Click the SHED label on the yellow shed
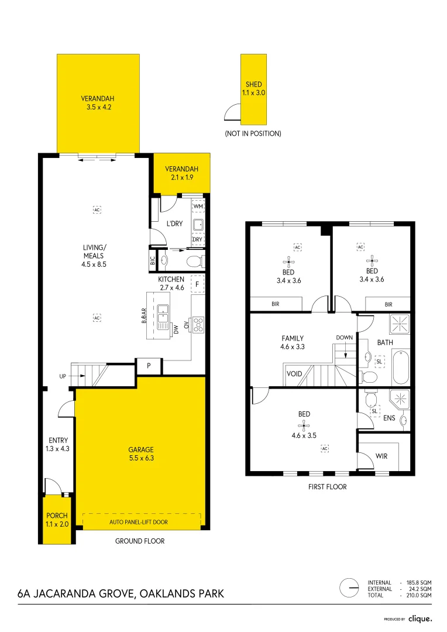[x=253, y=85]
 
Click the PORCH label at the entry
[x=57, y=516]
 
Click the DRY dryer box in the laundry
[x=197, y=239]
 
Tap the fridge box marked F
[x=198, y=284]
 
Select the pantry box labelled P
[x=149, y=366]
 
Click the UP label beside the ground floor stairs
[x=63, y=376]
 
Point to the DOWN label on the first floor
[x=344, y=338]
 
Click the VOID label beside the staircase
[x=294, y=373]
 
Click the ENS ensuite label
[x=388, y=418]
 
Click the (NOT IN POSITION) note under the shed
[x=253, y=133]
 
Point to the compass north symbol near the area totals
[x=350, y=587]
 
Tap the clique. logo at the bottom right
[x=420, y=619]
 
